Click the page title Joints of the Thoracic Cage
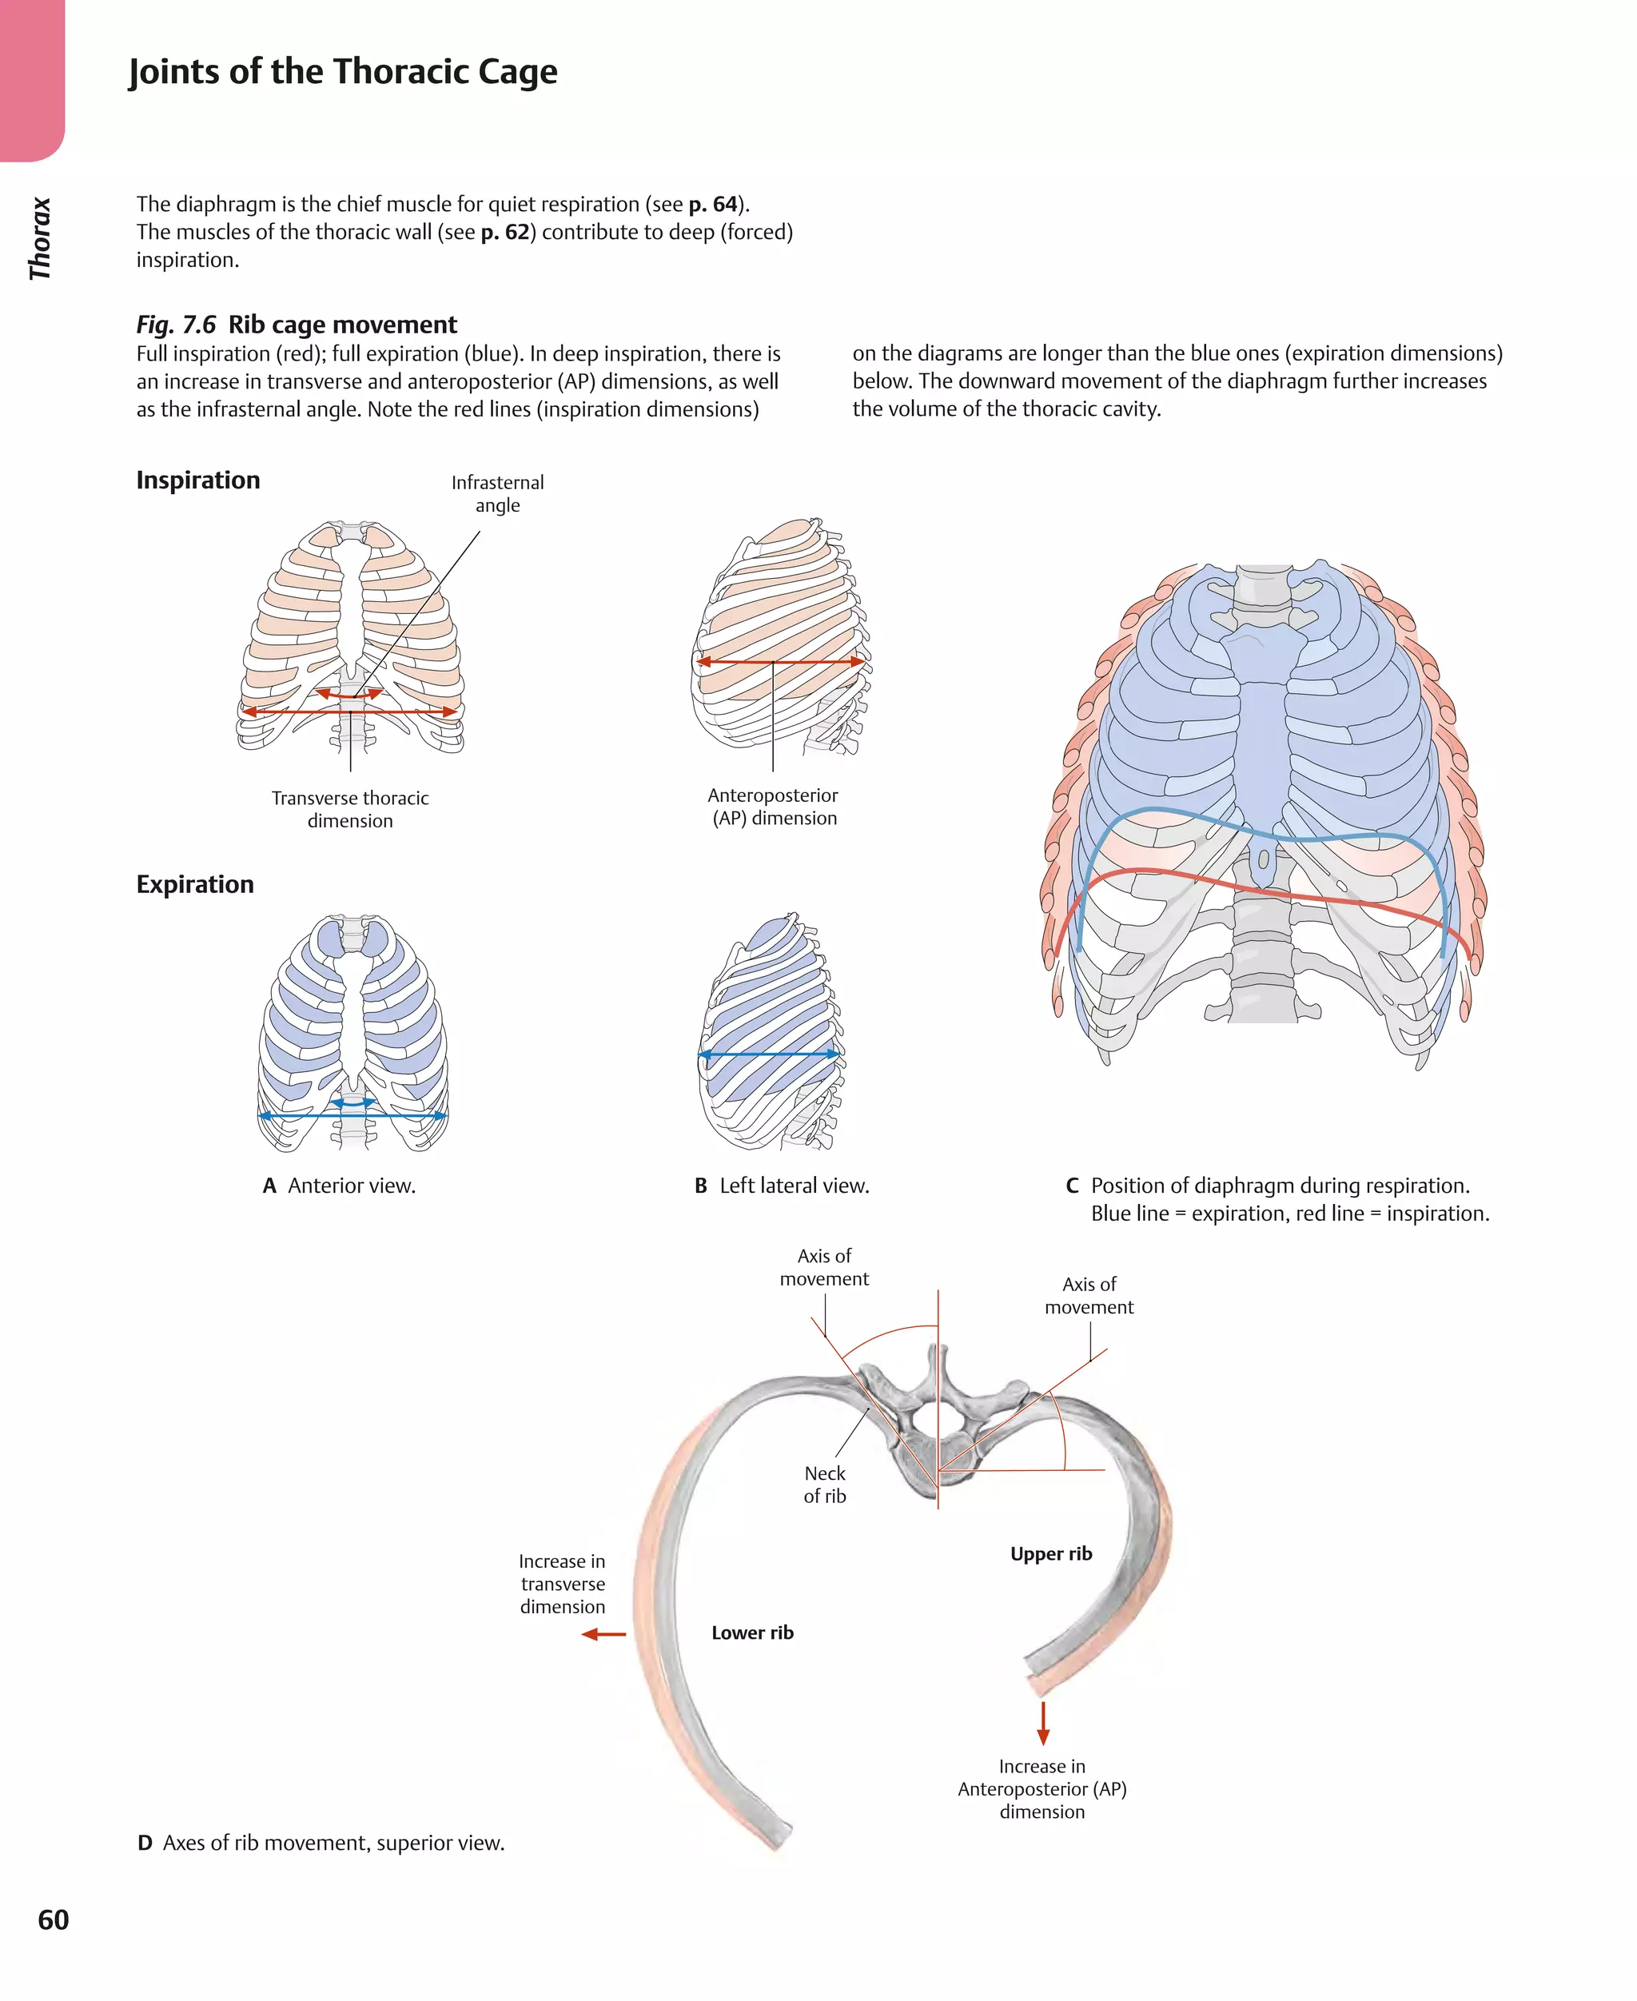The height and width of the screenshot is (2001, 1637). (x=342, y=72)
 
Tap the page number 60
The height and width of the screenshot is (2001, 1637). (x=54, y=1919)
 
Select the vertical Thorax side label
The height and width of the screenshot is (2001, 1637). (x=40, y=238)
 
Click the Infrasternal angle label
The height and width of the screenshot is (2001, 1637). (x=497, y=494)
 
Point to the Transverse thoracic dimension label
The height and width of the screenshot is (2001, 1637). (x=350, y=809)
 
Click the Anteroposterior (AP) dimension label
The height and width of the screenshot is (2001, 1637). (x=773, y=807)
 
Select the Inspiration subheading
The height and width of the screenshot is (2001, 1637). (x=198, y=480)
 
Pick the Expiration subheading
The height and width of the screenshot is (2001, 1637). (x=195, y=883)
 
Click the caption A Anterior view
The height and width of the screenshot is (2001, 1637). (x=340, y=1186)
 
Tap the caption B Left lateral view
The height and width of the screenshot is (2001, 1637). (x=782, y=1186)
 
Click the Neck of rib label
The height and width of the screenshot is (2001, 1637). (x=824, y=1485)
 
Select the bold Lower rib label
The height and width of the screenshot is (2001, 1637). (x=752, y=1632)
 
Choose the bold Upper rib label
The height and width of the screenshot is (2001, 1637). (x=1050, y=1553)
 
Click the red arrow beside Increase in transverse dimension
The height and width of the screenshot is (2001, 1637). (x=603, y=1634)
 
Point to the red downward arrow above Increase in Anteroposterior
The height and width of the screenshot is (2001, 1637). (x=1043, y=1722)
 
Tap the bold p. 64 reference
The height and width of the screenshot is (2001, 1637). (x=713, y=205)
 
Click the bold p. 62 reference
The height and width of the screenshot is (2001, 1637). (x=505, y=232)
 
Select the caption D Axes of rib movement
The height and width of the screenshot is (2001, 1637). (x=321, y=1843)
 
